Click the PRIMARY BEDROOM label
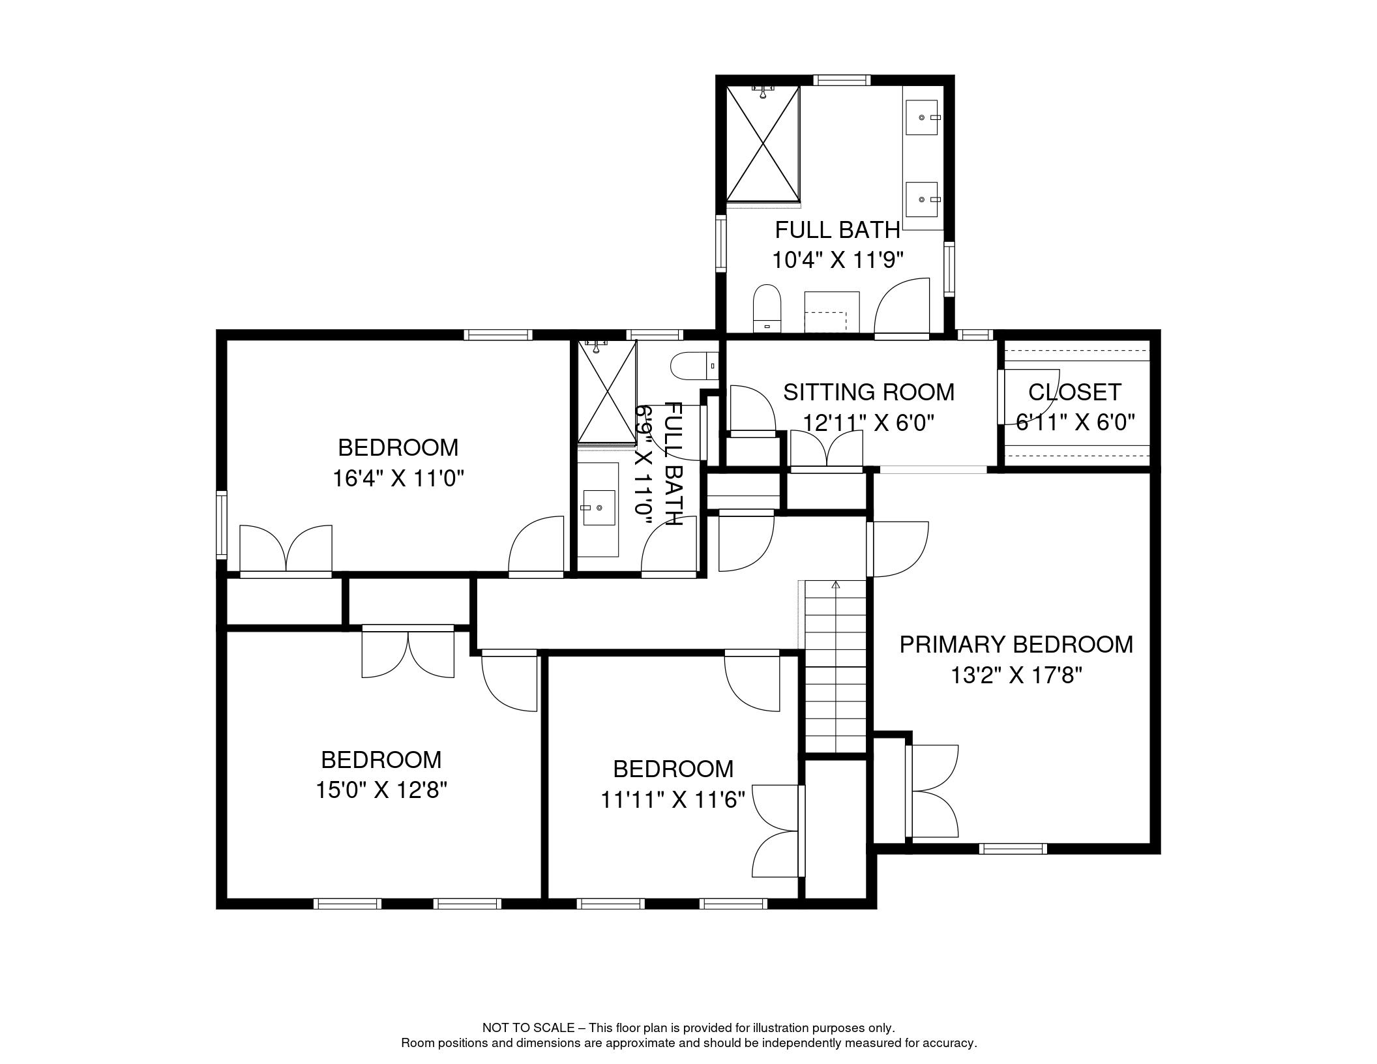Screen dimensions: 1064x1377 pos(1016,645)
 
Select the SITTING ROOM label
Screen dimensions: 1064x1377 pos(868,392)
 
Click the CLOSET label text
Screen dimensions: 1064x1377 pos(1074,392)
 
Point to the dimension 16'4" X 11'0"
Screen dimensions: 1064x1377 pos(398,479)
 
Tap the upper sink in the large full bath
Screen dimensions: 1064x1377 pos(922,117)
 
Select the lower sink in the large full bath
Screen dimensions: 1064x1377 pos(922,199)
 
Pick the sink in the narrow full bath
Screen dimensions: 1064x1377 pos(599,508)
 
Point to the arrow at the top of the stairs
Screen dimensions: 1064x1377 pos(836,585)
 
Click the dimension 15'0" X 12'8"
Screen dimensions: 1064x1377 pos(381,791)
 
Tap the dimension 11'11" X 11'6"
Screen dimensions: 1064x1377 pos(673,800)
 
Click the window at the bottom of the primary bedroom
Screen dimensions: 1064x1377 pos(1013,848)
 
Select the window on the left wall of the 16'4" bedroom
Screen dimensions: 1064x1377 pos(222,525)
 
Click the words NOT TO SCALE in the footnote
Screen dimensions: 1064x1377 pos(528,1028)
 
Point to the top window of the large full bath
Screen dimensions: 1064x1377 pos(841,80)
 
